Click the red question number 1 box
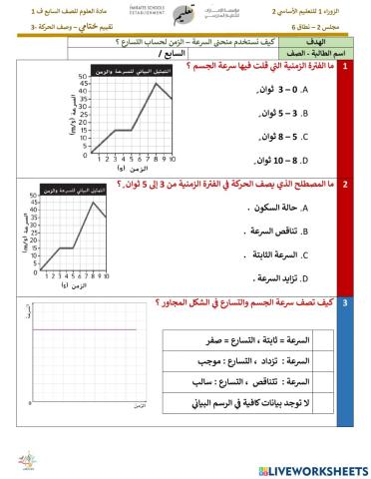pyautogui.click(x=345, y=67)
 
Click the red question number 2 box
pyautogui.click(x=345, y=185)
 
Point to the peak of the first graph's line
pyautogui.click(x=155, y=83)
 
